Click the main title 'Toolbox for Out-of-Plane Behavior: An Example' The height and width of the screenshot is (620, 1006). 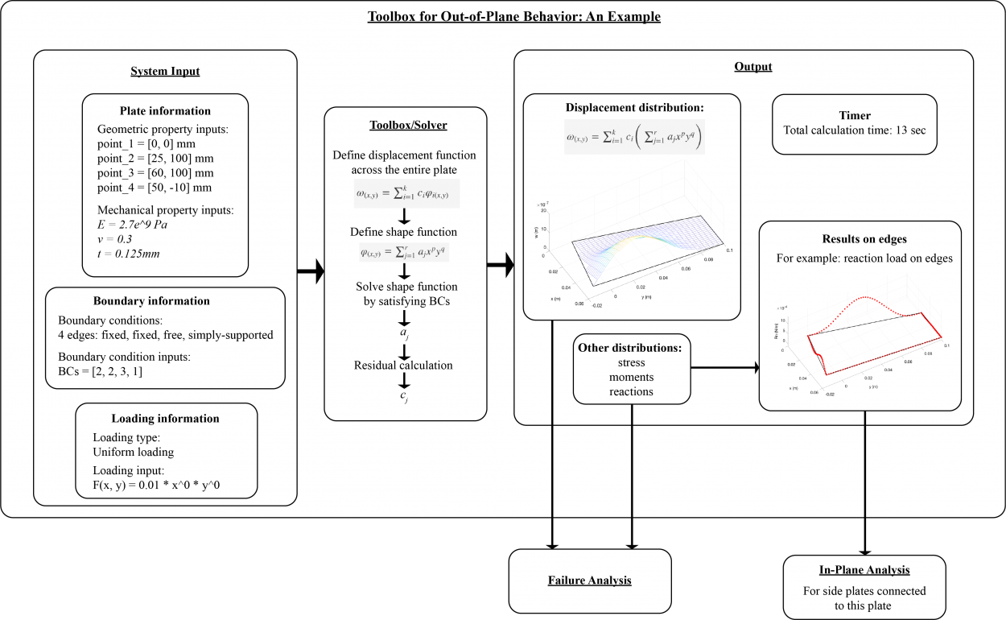pyautogui.click(x=513, y=17)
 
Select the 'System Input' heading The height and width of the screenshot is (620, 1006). pyautogui.click(x=165, y=71)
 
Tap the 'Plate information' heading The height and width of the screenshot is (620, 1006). pyautogui.click(x=165, y=111)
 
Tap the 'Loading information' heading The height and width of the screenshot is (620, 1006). pyautogui.click(x=165, y=419)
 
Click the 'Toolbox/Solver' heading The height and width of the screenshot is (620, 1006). pyautogui.click(x=404, y=126)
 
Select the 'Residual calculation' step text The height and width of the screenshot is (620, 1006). pyautogui.click(x=403, y=365)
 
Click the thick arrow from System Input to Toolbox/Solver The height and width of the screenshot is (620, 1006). pyautogui.click(x=310, y=272)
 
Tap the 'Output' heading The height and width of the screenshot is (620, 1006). pyautogui.click(x=752, y=66)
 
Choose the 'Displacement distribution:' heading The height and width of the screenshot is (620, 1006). pyautogui.click(x=634, y=107)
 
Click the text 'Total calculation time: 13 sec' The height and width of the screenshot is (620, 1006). pyautogui.click(x=855, y=130)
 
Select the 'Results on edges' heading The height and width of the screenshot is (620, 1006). pyautogui.click(x=864, y=239)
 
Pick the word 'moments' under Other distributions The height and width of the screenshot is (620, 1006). pyautogui.click(x=631, y=377)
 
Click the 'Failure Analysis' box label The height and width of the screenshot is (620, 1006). pyautogui.click(x=589, y=580)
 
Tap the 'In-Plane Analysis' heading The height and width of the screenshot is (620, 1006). pyautogui.click(x=864, y=570)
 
